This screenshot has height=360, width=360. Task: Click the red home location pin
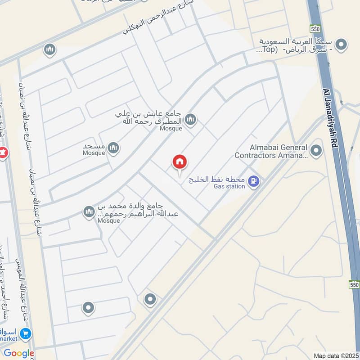(x=180, y=162)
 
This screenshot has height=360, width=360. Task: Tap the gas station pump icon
(x=255, y=181)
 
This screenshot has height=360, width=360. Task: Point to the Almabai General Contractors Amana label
(x=271, y=151)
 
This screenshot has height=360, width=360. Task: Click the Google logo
(x=19, y=353)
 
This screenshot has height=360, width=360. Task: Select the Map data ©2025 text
(x=335, y=355)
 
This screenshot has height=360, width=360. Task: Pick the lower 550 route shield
(x=354, y=285)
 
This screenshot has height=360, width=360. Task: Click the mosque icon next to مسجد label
(x=113, y=147)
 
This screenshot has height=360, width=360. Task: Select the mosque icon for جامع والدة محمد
(x=89, y=211)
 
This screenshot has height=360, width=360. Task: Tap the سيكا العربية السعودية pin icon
(x=342, y=44)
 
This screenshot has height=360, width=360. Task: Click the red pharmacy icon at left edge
(x=3, y=153)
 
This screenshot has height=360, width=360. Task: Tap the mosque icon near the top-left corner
(x=49, y=49)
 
